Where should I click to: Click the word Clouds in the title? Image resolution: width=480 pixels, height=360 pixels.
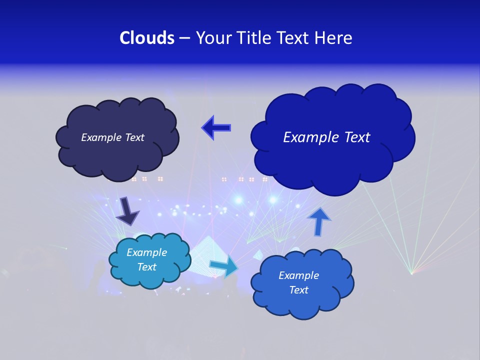click(x=147, y=38)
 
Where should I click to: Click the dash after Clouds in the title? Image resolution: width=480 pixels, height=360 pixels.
click(x=184, y=38)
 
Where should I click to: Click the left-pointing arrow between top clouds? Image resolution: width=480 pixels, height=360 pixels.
click(x=216, y=127)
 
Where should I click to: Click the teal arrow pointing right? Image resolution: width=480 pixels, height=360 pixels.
click(x=223, y=267)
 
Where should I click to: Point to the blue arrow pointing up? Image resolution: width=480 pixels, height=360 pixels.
click(x=319, y=221)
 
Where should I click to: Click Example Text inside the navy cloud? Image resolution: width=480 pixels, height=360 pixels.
click(x=112, y=137)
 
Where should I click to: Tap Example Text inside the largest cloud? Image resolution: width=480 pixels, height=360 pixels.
click(x=326, y=137)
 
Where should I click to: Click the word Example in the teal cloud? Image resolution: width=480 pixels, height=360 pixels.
click(x=146, y=252)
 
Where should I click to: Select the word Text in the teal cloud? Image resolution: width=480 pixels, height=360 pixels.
click(x=146, y=267)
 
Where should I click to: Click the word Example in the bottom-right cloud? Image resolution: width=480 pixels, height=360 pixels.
click(x=298, y=275)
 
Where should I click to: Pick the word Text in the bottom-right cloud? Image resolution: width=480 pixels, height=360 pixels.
click(x=298, y=290)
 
